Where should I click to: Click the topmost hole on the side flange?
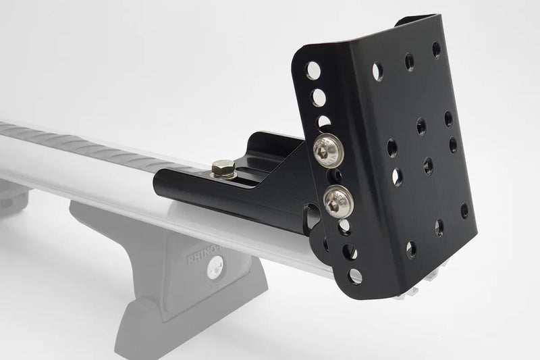(x=313, y=70)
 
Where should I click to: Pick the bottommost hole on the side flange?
(x=355, y=276)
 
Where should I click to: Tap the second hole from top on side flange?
(x=318, y=98)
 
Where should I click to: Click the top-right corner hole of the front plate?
(x=436, y=50)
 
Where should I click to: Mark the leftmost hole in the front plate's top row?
(x=377, y=70)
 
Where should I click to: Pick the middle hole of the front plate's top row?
(x=409, y=61)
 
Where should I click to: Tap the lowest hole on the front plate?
(x=411, y=249)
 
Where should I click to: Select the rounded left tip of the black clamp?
(x=160, y=182)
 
